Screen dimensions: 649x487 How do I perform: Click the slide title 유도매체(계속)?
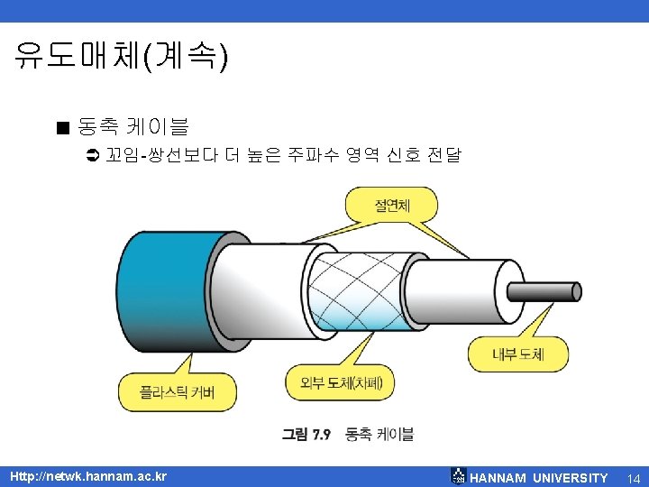click(x=122, y=57)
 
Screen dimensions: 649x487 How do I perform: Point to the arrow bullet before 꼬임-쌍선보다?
click(x=91, y=156)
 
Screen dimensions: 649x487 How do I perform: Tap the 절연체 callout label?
click(x=392, y=206)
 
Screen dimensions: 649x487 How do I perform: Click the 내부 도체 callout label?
click(x=518, y=354)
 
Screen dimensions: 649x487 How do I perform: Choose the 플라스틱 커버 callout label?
click(x=178, y=392)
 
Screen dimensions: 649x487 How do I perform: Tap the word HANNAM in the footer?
click(x=498, y=477)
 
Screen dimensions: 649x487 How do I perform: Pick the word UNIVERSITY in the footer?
click(x=570, y=477)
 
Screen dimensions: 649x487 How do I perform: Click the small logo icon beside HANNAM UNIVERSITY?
click(x=458, y=476)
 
